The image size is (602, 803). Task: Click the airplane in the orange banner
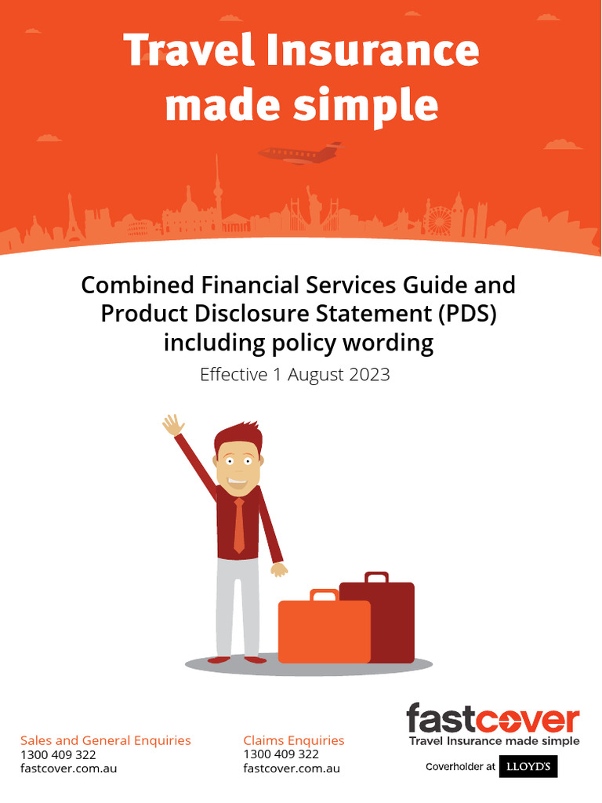tap(301, 153)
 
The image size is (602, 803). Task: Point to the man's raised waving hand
tap(172, 426)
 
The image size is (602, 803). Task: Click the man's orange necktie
tap(239, 525)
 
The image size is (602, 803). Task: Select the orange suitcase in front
tap(324, 631)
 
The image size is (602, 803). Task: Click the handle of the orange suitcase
tap(323, 595)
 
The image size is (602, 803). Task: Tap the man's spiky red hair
tap(238, 434)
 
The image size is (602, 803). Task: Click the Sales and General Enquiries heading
tap(106, 740)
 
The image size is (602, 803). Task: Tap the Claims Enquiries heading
tap(293, 740)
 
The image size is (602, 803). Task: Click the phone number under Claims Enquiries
tap(281, 754)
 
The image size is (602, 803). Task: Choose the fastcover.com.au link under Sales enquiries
tap(68, 768)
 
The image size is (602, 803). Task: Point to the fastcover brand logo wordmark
tap(492, 719)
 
